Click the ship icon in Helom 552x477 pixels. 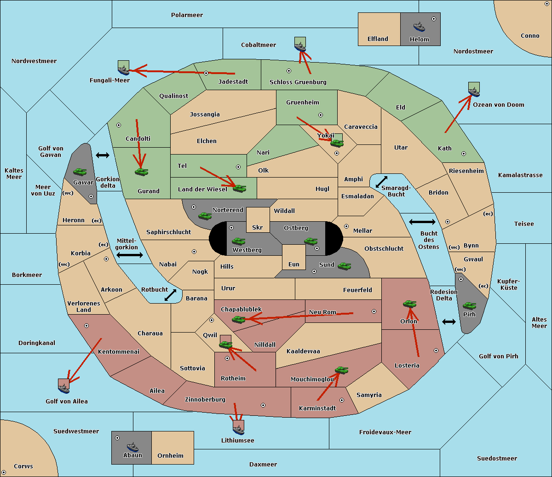(x=419, y=27)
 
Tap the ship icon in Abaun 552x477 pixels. (x=132, y=447)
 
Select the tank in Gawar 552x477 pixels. (x=80, y=172)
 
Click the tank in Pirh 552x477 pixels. (x=469, y=305)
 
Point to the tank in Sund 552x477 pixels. (x=344, y=266)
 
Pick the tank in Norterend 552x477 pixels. (x=205, y=216)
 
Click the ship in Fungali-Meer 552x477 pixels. (x=123, y=70)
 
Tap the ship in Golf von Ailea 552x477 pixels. (x=63, y=389)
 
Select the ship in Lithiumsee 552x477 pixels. (x=238, y=430)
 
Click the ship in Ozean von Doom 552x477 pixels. (x=474, y=92)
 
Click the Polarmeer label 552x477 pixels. (x=187, y=15)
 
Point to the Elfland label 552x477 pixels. (x=378, y=39)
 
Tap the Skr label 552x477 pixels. (x=258, y=227)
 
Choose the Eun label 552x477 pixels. (x=294, y=264)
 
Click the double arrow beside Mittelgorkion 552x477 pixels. (x=130, y=255)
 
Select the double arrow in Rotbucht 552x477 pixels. (x=170, y=295)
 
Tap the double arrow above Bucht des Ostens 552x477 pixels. (x=422, y=222)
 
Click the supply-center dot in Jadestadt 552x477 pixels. (x=206, y=73)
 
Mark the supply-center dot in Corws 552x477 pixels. (x=4, y=472)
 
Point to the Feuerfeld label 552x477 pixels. (x=357, y=290)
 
